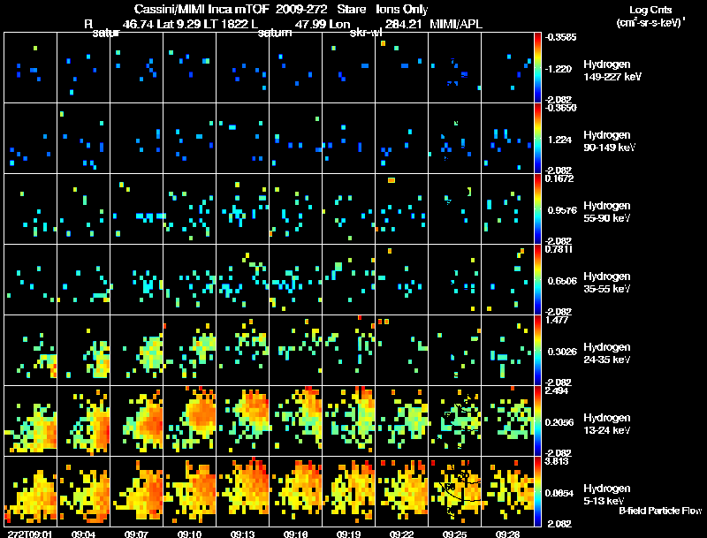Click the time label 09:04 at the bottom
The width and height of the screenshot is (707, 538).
click(83, 534)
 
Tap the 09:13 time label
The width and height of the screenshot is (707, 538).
click(242, 534)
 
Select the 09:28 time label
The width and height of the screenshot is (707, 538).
click(507, 534)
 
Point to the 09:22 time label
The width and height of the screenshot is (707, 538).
click(401, 534)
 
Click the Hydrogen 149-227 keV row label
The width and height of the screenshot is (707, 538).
click(612, 71)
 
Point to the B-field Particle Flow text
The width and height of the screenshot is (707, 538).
click(659, 510)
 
